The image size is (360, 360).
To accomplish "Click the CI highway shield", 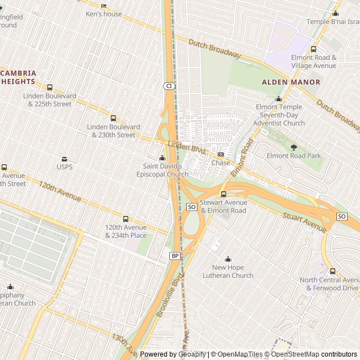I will pyautogui.click(x=169, y=86).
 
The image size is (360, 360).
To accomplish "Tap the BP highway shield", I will pyautogui.click(x=174, y=256).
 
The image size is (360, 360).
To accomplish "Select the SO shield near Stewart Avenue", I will pyautogui.click(x=191, y=207).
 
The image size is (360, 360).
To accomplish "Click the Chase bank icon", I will pyautogui.click(x=220, y=155).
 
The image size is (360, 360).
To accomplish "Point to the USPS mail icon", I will pyautogui.click(x=64, y=159).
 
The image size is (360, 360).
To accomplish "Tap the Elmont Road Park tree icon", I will pyautogui.click(x=294, y=147).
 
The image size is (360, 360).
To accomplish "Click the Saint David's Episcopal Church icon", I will pyautogui.click(x=162, y=158).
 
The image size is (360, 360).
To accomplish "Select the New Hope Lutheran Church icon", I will pyautogui.click(x=228, y=259).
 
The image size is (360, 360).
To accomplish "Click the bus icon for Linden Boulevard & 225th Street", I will pyautogui.click(x=49, y=88).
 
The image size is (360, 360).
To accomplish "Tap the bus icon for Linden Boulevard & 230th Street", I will pyautogui.click(x=113, y=119).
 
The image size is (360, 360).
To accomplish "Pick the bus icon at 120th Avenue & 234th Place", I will pyautogui.click(x=125, y=219).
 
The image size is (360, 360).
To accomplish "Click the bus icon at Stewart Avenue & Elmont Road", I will pyautogui.click(x=223, y=194).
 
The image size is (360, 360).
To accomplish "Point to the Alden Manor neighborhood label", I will pyautogui.click(x=291, y=82).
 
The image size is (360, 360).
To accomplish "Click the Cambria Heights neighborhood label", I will pyautogui.click(x=18, y=77).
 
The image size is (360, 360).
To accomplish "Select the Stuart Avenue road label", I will pyautogui.click(x=304, y=222).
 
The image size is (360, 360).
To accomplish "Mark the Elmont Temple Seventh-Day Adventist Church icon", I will pyautogui.click(x=278, y=99).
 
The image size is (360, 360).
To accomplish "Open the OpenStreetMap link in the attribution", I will pyautogui.click(x=295, y=354).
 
